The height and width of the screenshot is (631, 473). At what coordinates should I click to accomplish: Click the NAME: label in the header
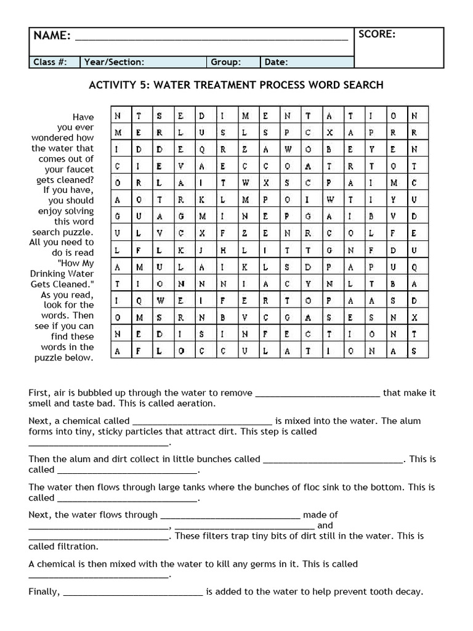point(52,36)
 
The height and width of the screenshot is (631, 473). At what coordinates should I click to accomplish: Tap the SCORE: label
point(377,35)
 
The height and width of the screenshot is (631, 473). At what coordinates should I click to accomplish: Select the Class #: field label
point(47,62)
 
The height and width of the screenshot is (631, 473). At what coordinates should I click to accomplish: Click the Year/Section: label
point(114,62)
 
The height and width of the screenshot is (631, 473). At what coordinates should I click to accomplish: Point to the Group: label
point(226,62)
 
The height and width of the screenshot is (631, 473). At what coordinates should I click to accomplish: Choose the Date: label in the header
point(277,62)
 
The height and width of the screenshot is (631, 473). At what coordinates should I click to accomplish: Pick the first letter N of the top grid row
point(118,116)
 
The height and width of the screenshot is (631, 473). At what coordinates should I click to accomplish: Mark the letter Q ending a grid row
point(414,267)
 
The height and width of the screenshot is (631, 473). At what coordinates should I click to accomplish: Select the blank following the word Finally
point(133,593)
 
